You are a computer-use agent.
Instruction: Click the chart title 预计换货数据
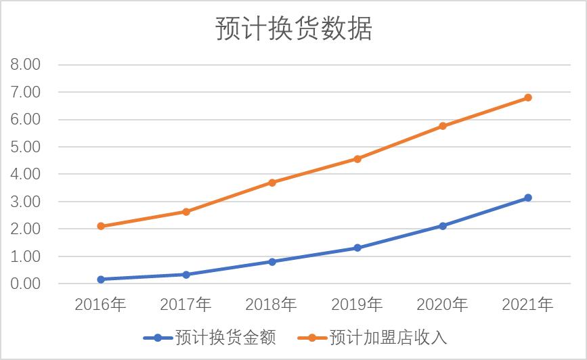click(x=294, y=29)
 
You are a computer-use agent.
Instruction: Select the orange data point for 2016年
click(x=101, y=226)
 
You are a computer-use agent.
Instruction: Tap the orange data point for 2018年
click(x=272, y=182)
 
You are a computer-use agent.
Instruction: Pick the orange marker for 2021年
click(x=528, y=97)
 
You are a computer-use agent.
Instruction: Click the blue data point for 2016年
click(x=101, y=279)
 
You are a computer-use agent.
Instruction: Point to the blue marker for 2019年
click(x=357, y=248)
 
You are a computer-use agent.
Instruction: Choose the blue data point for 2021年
click(x=528, y=198)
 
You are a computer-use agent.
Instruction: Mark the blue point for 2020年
click(x=443, y=226)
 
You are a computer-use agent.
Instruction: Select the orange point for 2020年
click(x=443, y=126)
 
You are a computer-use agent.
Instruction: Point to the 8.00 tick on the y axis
click(x=26, y=65)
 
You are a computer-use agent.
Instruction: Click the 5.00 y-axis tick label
click(x=26, y=147)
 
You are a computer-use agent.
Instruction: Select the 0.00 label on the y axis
click(x=26, y=284)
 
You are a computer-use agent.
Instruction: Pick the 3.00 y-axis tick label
click(x=26, y=202)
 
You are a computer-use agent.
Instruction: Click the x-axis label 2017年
click(x=186, y=305)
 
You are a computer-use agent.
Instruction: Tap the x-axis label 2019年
click(x=357, y=305)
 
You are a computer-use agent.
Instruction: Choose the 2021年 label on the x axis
click(x=528, y=305)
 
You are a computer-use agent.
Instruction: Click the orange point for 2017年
click(x=186, y=212)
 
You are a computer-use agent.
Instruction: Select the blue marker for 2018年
click(x=272, y=261)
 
